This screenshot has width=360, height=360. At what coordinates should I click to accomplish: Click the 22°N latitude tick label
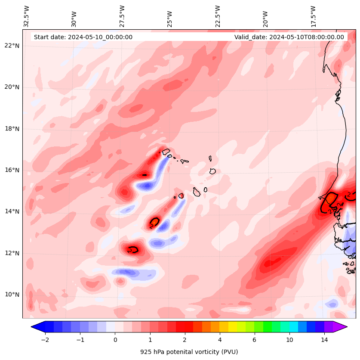click(12, 46)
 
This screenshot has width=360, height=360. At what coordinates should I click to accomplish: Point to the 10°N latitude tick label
click(12, 295)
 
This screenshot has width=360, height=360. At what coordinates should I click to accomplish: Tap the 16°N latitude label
click(12, 170)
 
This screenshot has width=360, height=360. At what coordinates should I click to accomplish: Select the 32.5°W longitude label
click(27, 16)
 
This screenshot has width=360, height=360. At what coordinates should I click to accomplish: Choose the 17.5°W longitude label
click(314, 16)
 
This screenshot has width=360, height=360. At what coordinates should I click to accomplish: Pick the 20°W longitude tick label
click(265, 18)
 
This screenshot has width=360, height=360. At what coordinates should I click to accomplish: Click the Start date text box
click(83, 37)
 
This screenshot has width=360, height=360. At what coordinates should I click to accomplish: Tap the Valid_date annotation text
click(289, 37)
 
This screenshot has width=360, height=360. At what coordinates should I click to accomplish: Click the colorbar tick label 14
click(324, 340)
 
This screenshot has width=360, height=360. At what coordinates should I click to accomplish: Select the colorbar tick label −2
click(45, 340)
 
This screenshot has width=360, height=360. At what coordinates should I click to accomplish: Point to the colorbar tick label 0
click(115, 340)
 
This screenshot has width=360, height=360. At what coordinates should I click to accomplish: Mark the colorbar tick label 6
click(254, 340)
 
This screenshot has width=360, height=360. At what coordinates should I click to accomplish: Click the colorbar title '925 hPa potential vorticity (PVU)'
click(189, 352)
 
